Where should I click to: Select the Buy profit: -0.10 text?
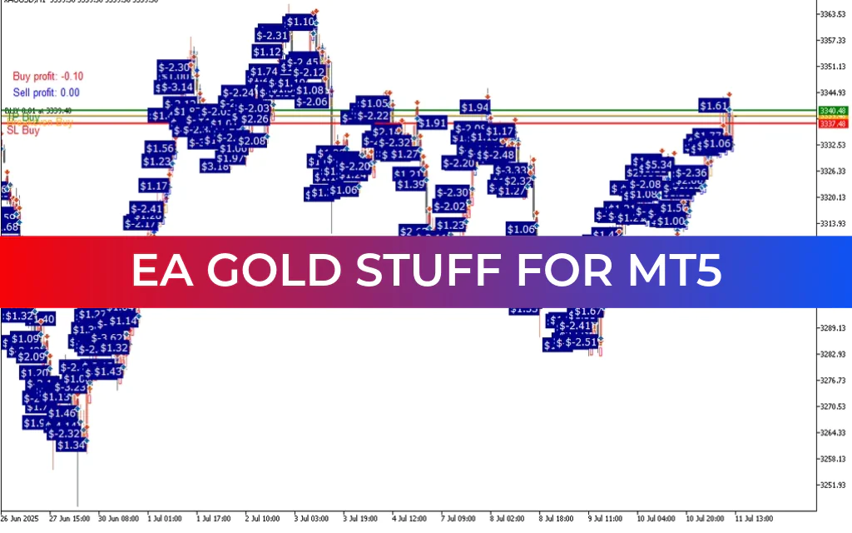[x=47, y=76]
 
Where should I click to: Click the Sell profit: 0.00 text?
[x=47, y=92]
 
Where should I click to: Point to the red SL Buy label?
[x=23, y=130]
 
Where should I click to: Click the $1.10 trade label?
[x=300, y=22]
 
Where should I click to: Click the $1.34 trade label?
[x=72, y=446]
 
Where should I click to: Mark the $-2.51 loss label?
[x=579, y=342]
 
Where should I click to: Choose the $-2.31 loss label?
[x=272, y=36]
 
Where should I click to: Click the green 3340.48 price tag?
[x=833, y=111]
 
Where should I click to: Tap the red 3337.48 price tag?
[x=833, y=123]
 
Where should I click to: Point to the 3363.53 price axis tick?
[x=833, y=14]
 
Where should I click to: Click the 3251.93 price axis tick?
[x=833, y=485]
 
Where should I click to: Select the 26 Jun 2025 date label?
[x=20, y=518]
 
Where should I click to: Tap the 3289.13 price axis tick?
[x=833, y=328]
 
